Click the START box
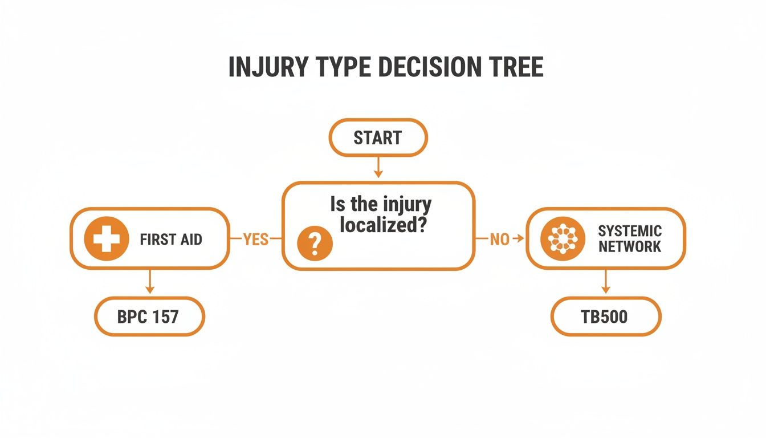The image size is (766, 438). [x=378, y=137]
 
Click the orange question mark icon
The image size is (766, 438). [x=315, y=244]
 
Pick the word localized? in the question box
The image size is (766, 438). [x=383, y=224]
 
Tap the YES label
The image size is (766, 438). [x=255, y=239]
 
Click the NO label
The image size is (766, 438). [x=499, y=240]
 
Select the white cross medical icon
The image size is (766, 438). [x=106, y=238]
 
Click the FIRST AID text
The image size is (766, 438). [x=170, y=240]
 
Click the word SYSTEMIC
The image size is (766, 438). [x=630, y=231]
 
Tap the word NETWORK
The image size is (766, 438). [x=630, y=246]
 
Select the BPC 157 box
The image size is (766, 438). [x=148, y=316]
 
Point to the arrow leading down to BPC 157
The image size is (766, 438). [x=149, y=281]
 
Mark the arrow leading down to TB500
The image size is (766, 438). [x=605, y=281]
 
